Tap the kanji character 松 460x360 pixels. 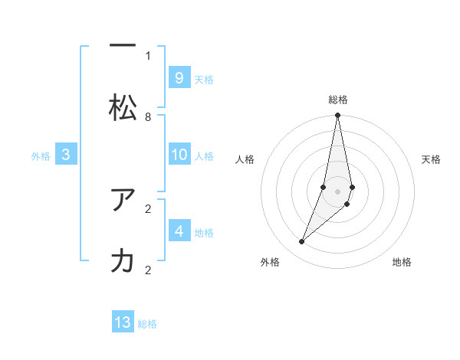coord(123,108)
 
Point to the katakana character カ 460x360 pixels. coord(123,261)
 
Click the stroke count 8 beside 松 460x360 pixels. coord(148,116)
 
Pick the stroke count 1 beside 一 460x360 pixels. coord(148,55)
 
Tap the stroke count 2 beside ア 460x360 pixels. coord(148,208)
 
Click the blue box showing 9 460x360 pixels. coord(179,78)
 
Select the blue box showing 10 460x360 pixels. coord(179,155)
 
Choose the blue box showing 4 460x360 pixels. coord(179,231)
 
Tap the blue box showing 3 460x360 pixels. coord(66,155)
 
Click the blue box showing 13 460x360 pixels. coord(123,322)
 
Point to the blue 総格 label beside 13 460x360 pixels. coord(147,324)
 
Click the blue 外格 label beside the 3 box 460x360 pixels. coord(41,156)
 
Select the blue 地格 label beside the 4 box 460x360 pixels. coord(204,232)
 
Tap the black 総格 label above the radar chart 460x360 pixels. coord(337,100)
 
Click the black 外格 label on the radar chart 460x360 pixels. coord(270,262)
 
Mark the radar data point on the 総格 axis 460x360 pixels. coord(337,116)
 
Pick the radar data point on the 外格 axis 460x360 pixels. coord(301,242)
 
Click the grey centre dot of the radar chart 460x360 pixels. coord(337,191)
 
